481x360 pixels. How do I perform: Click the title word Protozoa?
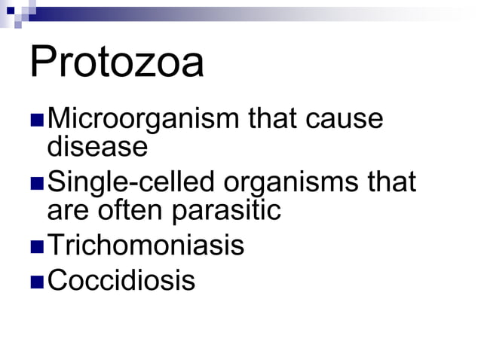click(117, 63)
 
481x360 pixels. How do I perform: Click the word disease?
click(97, 147)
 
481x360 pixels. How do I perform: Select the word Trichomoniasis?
click(146, 246)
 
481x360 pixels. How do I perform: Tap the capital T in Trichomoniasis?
click(54, 246)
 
